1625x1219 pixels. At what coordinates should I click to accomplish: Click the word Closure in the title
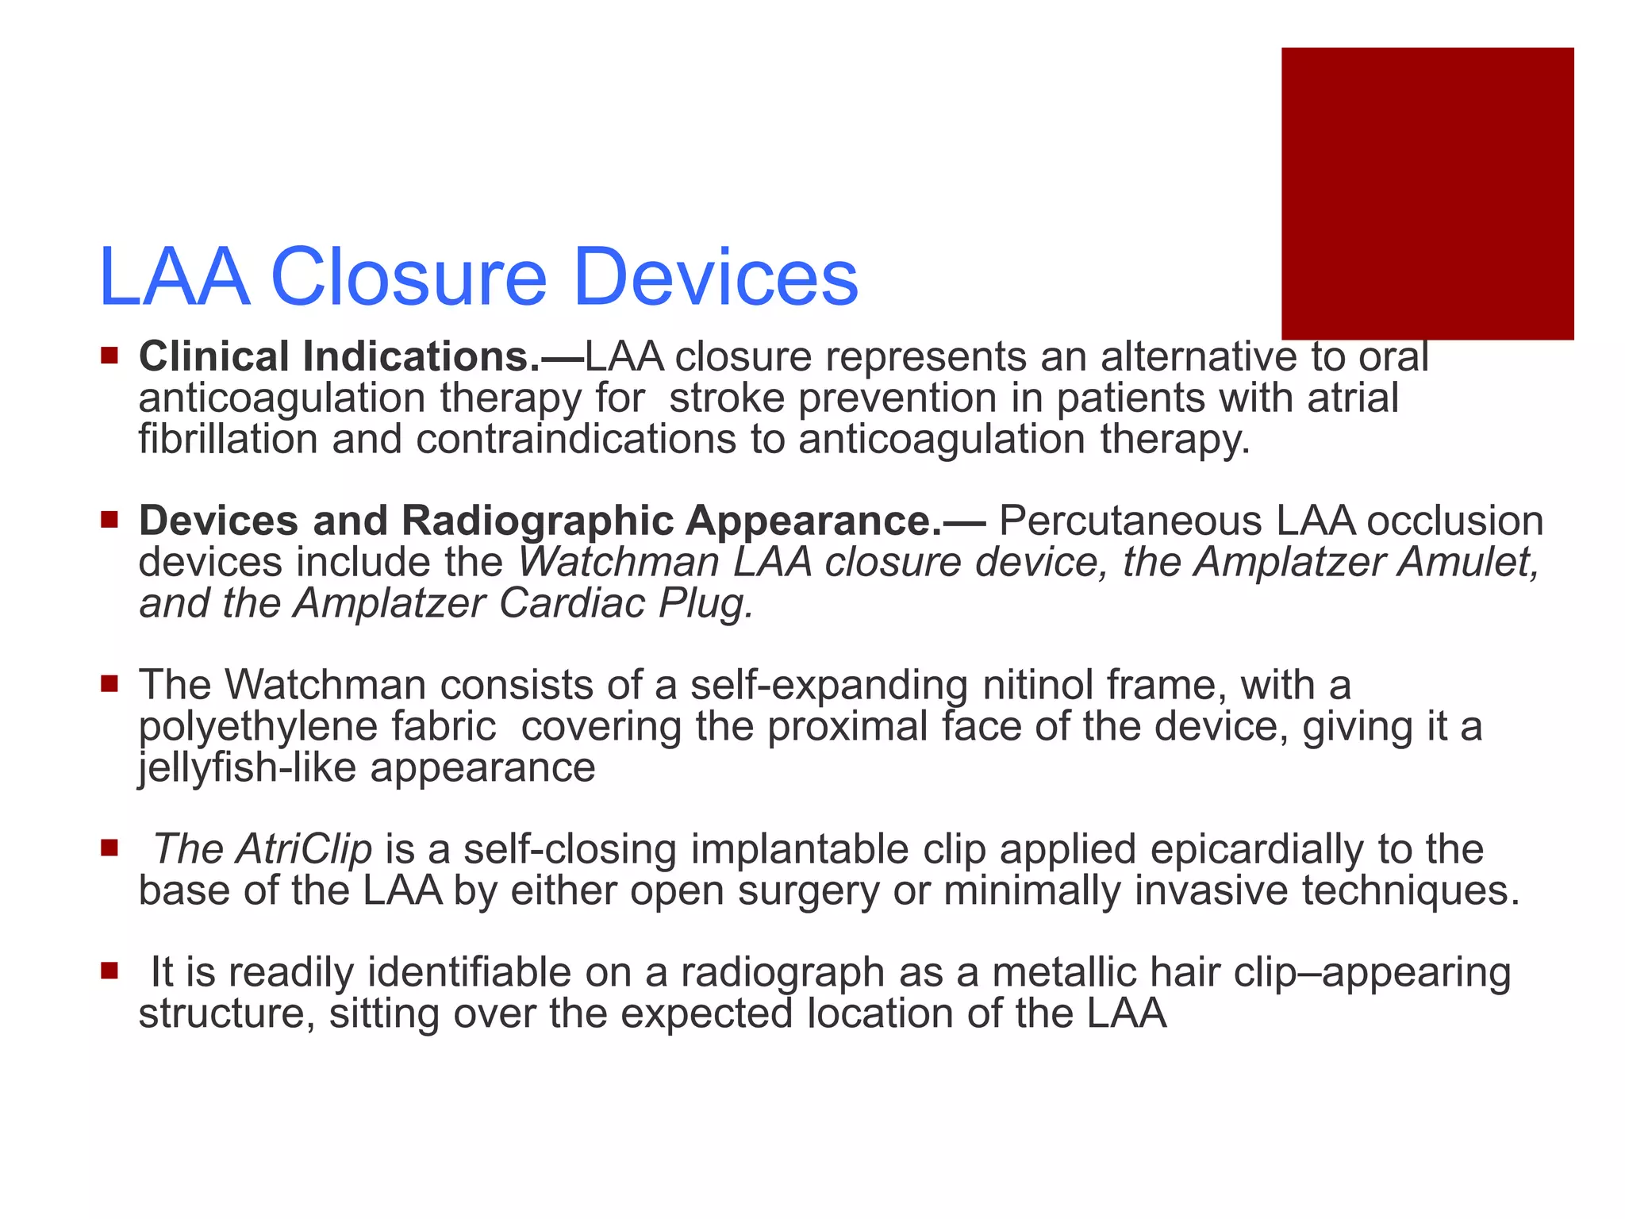409,277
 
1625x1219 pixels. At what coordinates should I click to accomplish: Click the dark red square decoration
1427,193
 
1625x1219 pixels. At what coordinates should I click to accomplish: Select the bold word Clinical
213,356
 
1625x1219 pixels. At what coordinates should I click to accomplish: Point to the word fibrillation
228,439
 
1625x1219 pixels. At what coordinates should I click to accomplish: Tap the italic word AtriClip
303,849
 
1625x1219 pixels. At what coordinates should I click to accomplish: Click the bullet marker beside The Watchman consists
109,683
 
